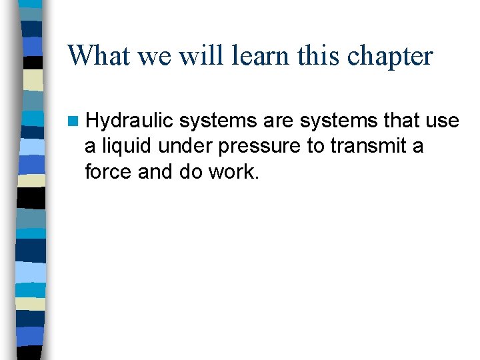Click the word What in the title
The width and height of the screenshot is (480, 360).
pos(99,56)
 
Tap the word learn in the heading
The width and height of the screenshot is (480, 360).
pos(260,56)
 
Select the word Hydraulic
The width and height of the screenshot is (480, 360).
pos(129,121)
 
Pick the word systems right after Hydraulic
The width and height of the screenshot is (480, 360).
pos(218,121)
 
